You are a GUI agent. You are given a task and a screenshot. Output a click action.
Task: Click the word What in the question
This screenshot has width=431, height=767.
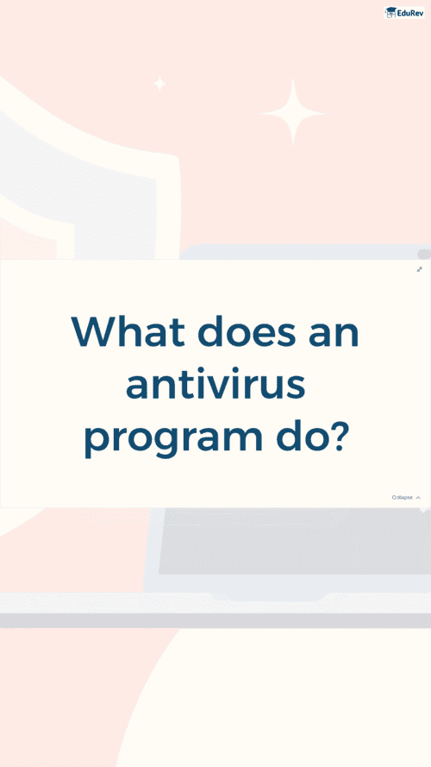128,332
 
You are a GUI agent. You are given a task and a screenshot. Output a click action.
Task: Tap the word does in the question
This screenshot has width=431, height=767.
247,331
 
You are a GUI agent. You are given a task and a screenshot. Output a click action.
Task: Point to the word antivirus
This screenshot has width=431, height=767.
215,386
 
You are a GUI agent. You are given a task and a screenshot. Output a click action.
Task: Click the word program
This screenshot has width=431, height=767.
173,439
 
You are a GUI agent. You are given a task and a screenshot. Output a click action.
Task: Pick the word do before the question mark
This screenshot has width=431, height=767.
297,433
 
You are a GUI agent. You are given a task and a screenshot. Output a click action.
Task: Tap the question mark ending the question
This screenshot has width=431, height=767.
335,434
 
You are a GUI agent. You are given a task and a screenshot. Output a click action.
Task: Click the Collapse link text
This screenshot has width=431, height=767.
403,498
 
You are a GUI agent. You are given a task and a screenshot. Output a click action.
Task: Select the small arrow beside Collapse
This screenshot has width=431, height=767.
418,498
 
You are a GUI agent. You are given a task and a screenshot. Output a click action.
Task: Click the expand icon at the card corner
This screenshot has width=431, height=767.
419,269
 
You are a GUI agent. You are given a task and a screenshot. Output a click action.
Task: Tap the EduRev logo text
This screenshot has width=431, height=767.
410,13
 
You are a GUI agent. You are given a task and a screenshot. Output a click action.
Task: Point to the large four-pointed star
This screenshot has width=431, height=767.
293,113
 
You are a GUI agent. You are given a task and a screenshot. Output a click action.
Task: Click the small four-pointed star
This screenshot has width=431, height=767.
159,84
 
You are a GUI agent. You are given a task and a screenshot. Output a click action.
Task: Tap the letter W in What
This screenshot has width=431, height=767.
97,332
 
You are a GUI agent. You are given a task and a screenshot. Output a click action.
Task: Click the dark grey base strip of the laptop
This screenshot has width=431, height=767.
215,620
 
